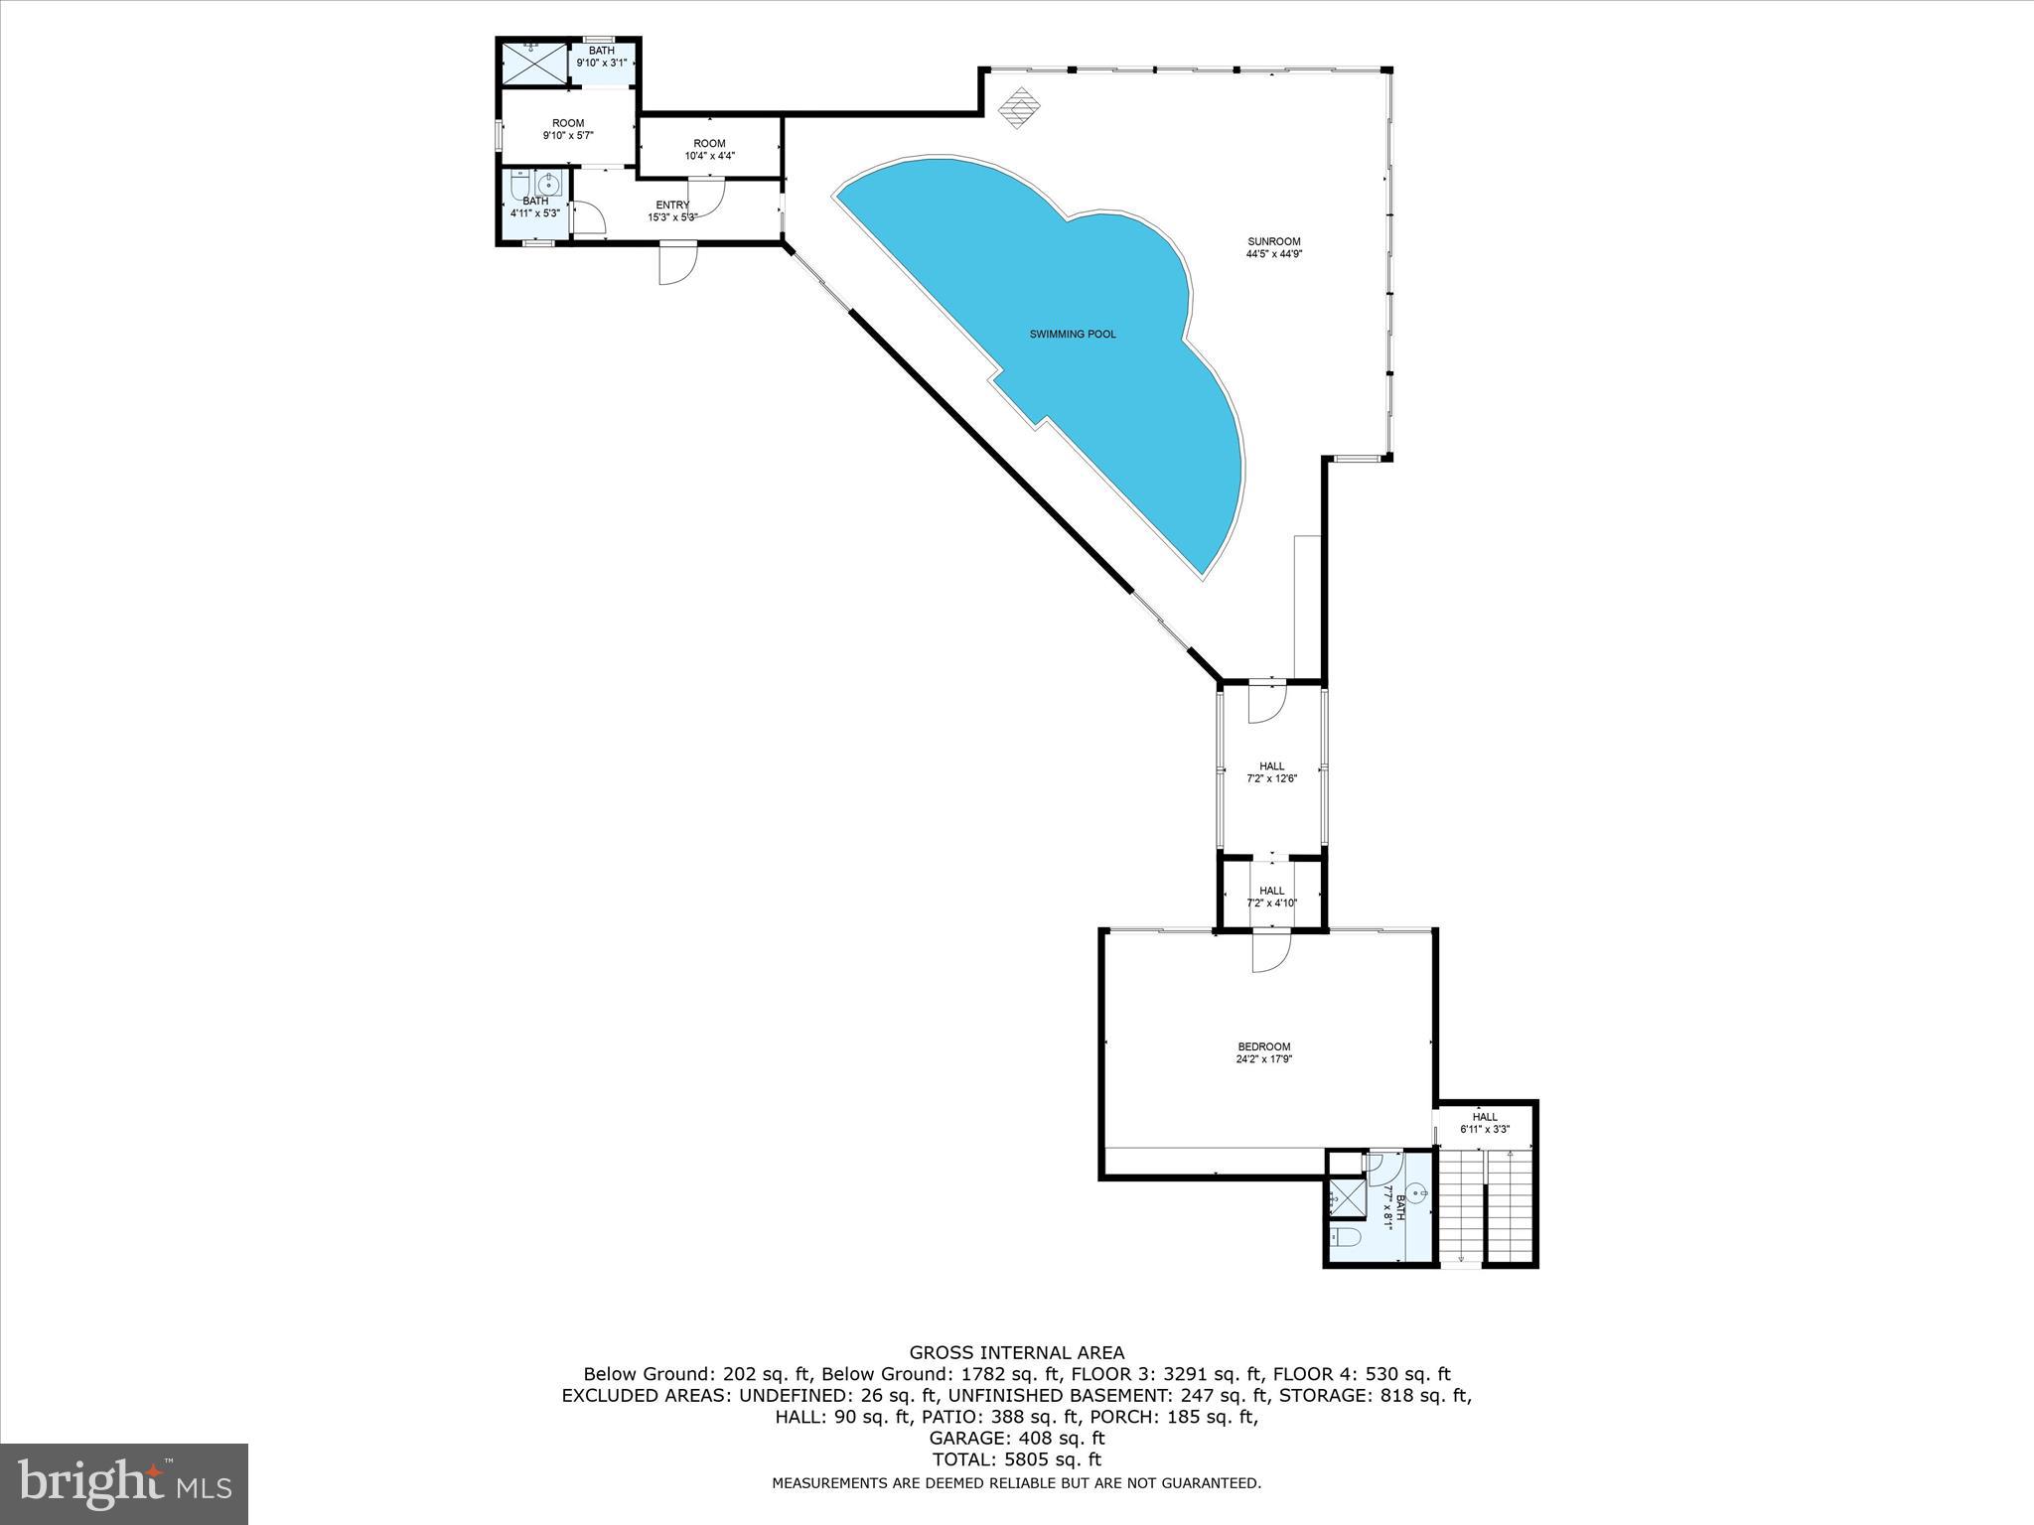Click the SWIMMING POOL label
point(1072,335)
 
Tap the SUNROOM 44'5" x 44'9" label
point(1273,247)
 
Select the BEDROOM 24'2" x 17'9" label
point(1263,1052)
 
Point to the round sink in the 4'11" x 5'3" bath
point(549,184)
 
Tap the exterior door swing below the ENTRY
point(678,264)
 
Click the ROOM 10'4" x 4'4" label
point(709,149)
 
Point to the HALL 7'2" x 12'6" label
point(1271,771)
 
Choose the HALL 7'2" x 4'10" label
point(1271,897)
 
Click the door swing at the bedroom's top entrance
point(1269,953)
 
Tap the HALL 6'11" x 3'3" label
point(1484,1123)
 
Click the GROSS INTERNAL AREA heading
point(1017,1352)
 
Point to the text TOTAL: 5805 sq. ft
point(1017,1459)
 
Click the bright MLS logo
point(124,1483)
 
